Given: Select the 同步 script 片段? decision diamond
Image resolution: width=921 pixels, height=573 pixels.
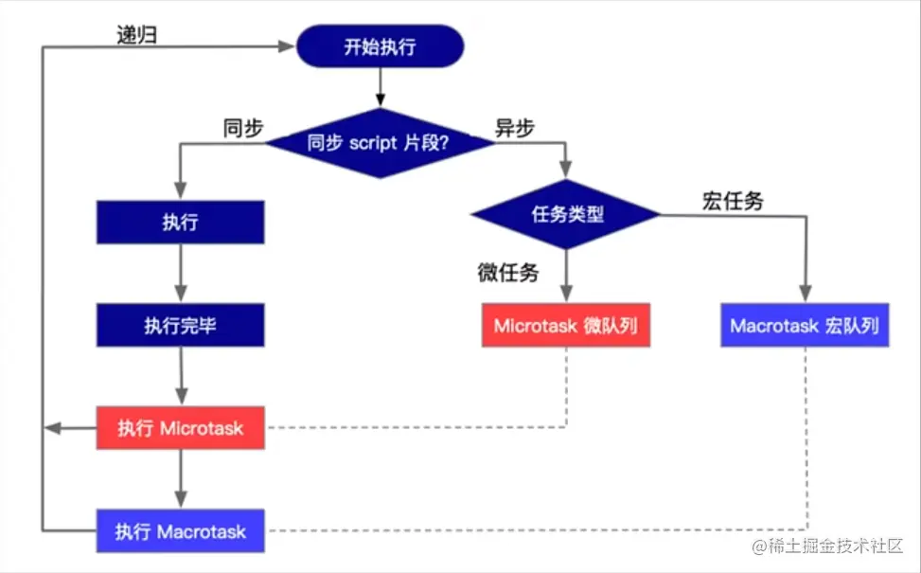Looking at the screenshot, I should coord(379,143).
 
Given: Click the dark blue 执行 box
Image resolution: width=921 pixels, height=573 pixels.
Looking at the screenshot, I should coord(180,224).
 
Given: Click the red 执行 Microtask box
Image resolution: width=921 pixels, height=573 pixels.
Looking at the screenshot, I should coord(180,428).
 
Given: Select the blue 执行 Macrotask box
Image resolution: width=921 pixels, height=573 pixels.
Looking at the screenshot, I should coord(180,530).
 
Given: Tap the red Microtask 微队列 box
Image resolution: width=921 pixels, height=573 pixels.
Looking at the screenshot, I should coord(566,326).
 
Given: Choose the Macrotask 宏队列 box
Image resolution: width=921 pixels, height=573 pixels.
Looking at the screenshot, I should coord(805,326).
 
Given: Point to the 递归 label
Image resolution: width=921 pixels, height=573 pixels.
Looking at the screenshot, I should coord(136,36).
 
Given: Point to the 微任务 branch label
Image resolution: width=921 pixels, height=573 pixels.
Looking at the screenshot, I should coord(507,274).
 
